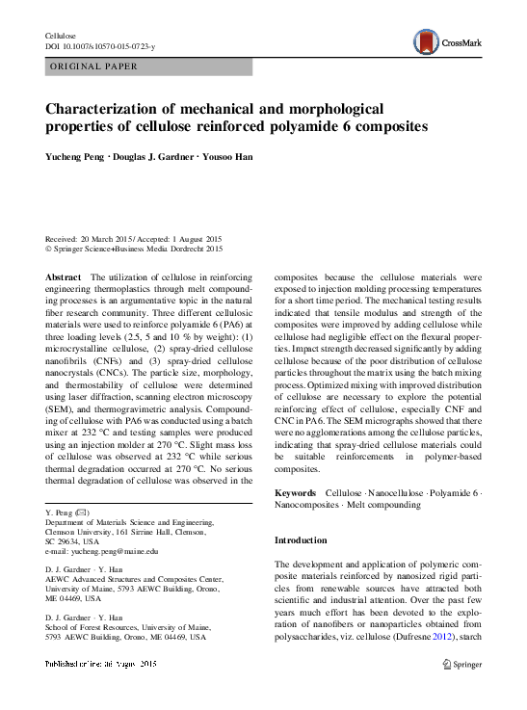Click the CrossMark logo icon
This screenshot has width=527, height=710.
(x=426, y=41)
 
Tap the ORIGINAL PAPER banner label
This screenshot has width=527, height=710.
(x=93, y=66)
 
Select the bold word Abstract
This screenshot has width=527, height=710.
(x=64, y=277)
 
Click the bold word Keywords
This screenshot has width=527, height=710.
(x=297, y=493)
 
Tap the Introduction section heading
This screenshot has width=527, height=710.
(x=301, y=540)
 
